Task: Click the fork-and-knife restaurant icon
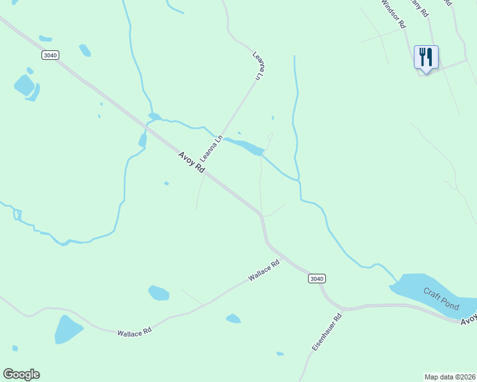[x=425, y=57]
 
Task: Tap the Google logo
[x=21, y=374]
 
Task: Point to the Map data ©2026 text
[x=450, y=376]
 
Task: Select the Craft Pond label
[x=441, y=299]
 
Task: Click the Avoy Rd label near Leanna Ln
[x=191, y=162]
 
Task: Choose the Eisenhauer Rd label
[x=327, y=333]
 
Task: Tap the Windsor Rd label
[x=393, y=13]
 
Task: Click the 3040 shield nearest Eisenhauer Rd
[x=316, y=279]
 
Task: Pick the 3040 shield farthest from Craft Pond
[x=50, y=55]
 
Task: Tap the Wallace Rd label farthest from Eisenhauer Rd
[x=135, y=332]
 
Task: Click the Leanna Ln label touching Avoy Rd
[x=211, y=148]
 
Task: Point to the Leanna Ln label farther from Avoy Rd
[x=258, y=66]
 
